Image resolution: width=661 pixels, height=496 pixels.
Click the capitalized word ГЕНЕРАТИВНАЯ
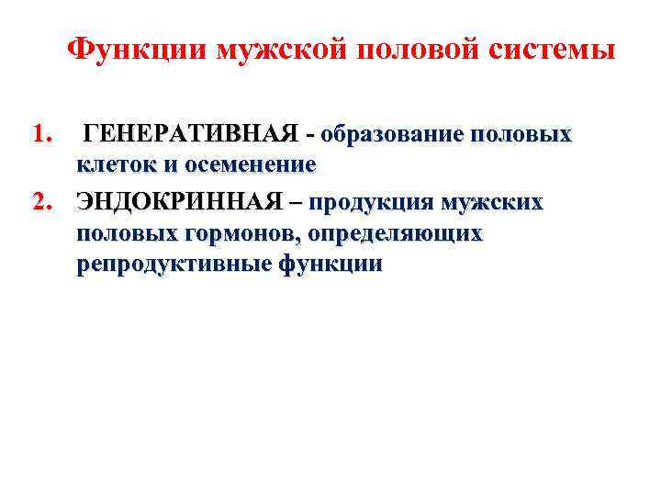pyautogui.click(x=194, y=135)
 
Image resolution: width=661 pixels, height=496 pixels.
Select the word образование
pyautogui.click(x=392, y=135)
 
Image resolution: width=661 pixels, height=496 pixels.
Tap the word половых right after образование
pyautogui.click(x=521, y=135)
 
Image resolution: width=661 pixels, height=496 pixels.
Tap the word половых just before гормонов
pyautogui.click(x=128, y=233)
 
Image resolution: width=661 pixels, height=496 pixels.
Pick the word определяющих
pyautogui.click(x=396, y=233)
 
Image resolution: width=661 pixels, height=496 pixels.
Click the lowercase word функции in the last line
pyautogui.click(x=330, y=265)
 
